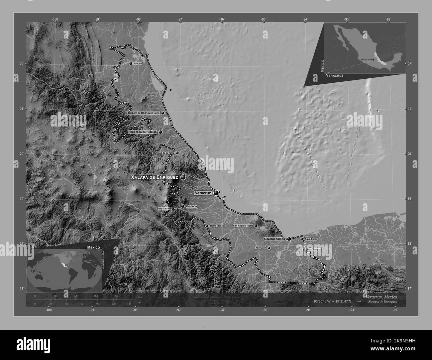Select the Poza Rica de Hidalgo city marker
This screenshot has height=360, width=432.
(161, 132)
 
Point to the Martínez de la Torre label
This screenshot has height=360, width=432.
(163, 153)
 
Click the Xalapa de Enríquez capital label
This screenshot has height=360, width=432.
(155, 178)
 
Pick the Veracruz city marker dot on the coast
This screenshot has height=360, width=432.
(216, 193)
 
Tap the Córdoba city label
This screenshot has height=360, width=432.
(192, 206)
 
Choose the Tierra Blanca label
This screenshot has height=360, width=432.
(217, 226)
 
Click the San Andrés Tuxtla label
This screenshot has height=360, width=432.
(243, 226)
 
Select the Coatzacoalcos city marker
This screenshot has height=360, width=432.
(289, 239)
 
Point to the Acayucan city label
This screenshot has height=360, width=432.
(260, 248)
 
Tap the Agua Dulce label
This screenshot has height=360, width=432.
(311, 239)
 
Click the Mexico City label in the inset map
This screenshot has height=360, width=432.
(366, 60)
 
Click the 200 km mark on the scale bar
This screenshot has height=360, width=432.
(116, 296)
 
